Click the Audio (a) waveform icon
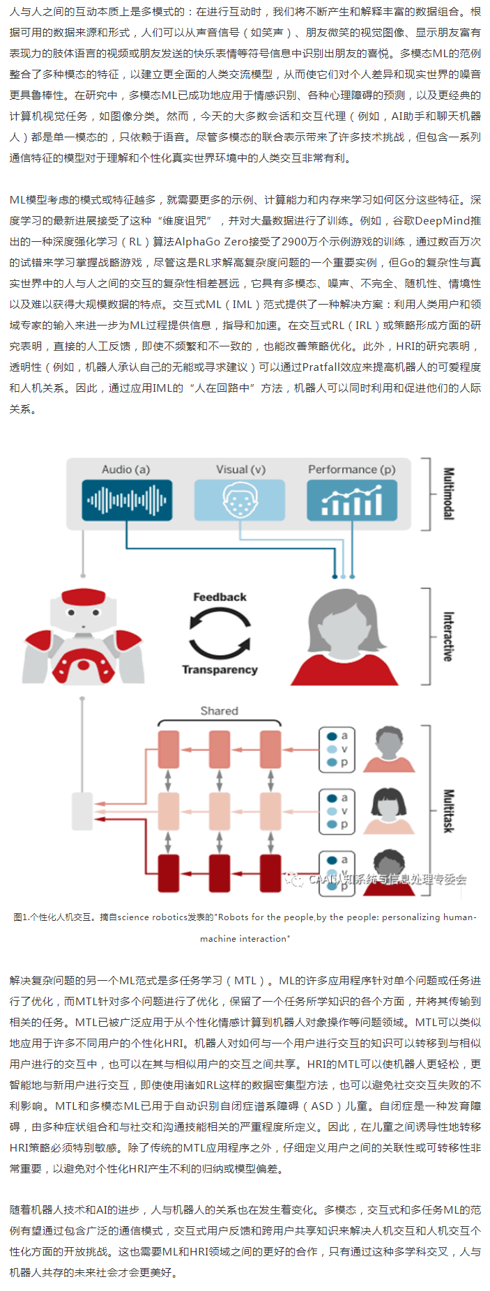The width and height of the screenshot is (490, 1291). (x=126, y=501)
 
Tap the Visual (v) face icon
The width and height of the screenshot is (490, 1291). (x=240, y=501)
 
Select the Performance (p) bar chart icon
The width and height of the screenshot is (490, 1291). (x=352, y=501)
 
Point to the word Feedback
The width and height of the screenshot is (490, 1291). (x=220, y=597)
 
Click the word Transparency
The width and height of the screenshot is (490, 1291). (x=220, y=670)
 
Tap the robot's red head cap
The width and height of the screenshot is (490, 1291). (x=83, y=598)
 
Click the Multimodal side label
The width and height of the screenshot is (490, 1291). (x=449, y=494)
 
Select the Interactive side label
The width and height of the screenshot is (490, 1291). (x=449, y=636)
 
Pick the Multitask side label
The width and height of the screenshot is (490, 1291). (x=449, y=811)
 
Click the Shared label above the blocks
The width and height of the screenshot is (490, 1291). (x=219, y=711)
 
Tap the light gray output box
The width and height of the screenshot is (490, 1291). (x=82, y=811)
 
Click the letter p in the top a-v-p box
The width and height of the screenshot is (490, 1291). (x=344, y=763)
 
